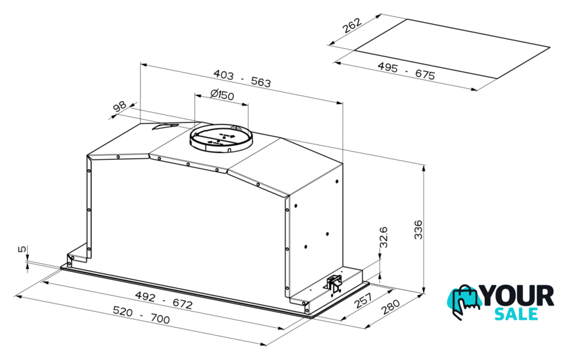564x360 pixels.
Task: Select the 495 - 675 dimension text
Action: [x=406, y=71]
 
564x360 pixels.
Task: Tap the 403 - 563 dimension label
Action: [x=242, y=79]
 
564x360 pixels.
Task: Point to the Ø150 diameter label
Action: [x=222, y=95]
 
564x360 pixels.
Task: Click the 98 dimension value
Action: [x=120, y=107]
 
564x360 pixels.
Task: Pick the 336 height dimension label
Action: [x=418, y=230]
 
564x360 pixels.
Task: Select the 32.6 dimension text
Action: [x=383, y=236]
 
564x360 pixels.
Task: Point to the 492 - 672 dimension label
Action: [x=164, y=300]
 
